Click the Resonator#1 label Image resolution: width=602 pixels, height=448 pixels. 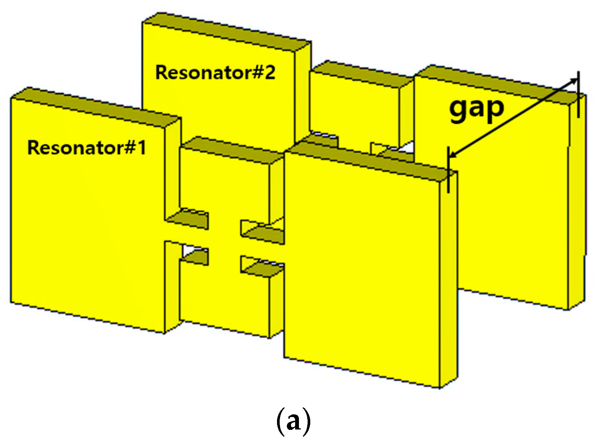pyautogui.click(x=86, y=148)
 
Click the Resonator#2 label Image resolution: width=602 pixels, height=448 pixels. pyautogui.click(x=216, y=73)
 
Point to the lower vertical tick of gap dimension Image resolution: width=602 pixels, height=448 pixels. pyautogui.click(x=448, y=170)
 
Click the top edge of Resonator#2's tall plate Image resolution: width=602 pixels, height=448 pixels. pyautogui.click(x=226, y=28)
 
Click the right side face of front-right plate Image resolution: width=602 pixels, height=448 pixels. pyautogui.click(x=449, y=280)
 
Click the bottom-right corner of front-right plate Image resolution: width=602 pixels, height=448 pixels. pyautogui.click(x=440, y=388)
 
